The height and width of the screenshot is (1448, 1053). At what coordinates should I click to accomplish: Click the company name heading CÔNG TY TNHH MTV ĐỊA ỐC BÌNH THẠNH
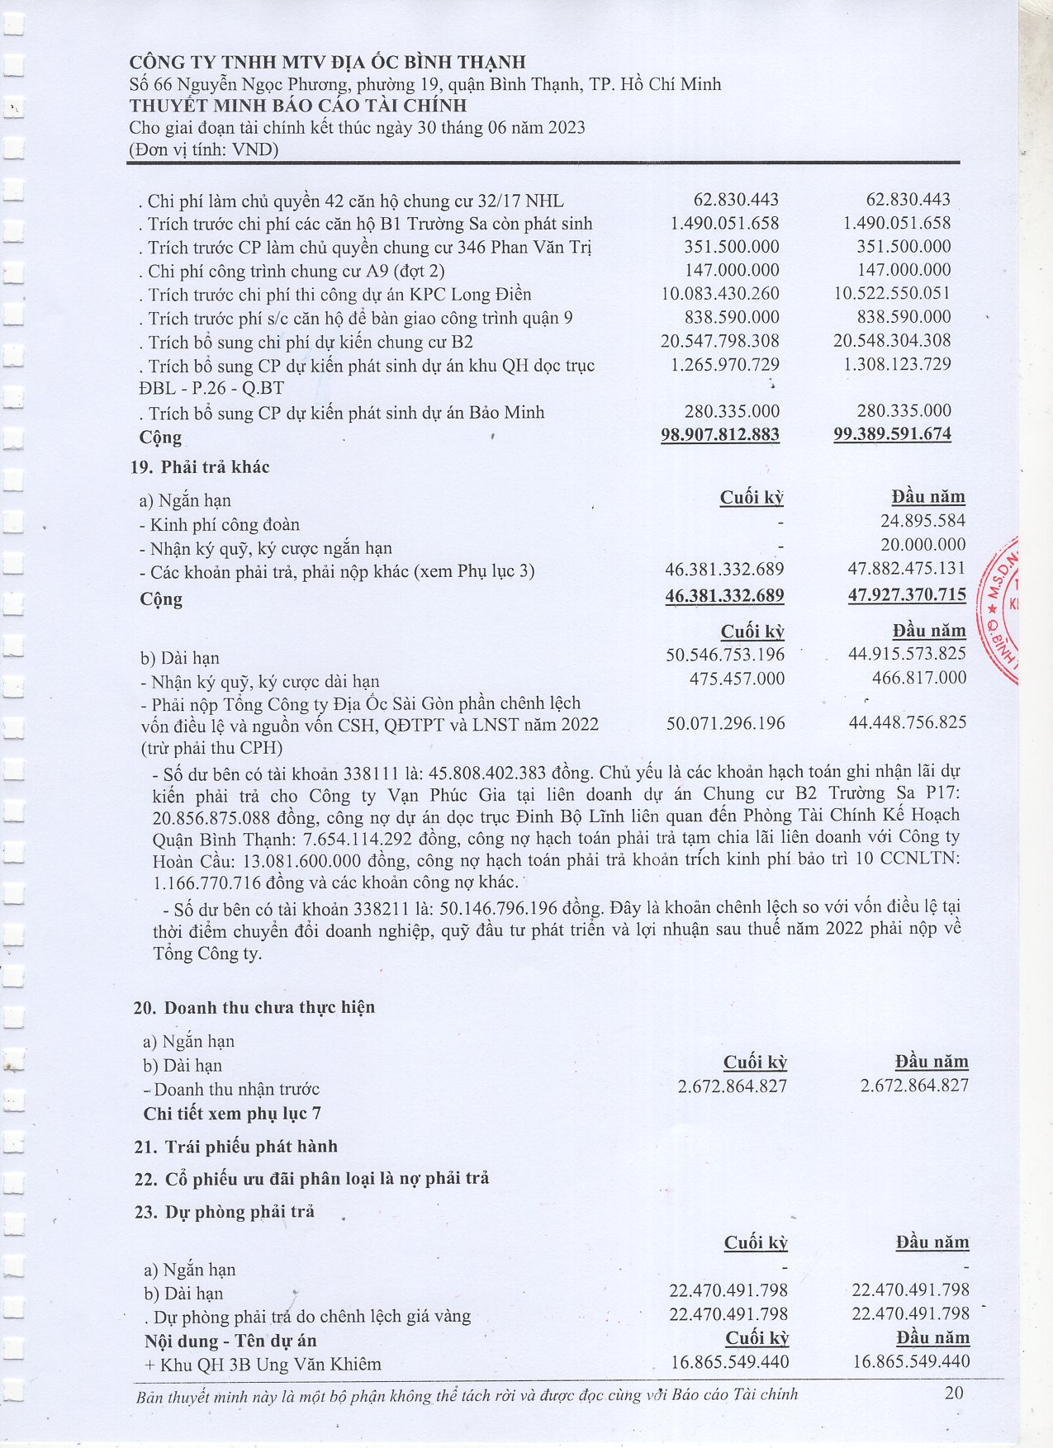tap(327, 63)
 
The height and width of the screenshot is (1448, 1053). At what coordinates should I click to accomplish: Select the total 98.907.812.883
tap(719, 434)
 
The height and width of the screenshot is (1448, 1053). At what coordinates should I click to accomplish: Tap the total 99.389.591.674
tap(892, 434)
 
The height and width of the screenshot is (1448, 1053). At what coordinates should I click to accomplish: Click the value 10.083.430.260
tap(719, 294)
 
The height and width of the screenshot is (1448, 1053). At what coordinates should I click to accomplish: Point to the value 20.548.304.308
tap(892, 341)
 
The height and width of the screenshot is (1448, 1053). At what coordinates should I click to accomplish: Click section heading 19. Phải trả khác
tap(200, 467)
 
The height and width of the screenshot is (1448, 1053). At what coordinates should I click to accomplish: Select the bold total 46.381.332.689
tap(724, 596)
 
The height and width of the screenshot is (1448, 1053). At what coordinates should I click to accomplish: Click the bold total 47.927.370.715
tap(907, 595)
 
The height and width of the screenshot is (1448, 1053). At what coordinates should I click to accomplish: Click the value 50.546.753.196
tap(725, 655)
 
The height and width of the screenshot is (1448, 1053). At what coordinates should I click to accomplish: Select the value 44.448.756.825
tap(907, 723)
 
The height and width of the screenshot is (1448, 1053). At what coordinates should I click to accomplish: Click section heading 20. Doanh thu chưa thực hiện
tap(254, 1008)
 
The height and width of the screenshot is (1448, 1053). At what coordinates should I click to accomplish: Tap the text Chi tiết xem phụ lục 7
tap(232, 1114)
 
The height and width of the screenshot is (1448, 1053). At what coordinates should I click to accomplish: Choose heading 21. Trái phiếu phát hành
tap(235, 1148)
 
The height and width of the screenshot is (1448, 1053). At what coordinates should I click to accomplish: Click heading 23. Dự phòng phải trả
tap(224, 1213)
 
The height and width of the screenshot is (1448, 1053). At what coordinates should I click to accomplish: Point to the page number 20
tap(954, 1394)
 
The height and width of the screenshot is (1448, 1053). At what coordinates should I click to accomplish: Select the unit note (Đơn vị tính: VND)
tap(203, 149)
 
